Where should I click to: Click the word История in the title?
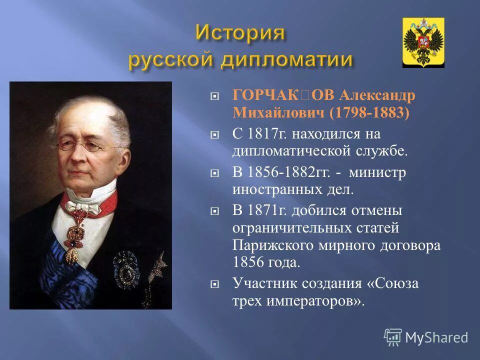pos(240,33)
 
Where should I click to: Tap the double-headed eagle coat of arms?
pos(423,42)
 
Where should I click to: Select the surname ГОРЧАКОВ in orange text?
pos(284,95)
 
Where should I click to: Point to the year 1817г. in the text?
pos(265,134)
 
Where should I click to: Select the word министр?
pos(377,172)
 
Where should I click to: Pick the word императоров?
pos(312,301)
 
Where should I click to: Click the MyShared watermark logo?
pos(426,337)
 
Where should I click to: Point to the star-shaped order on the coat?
pos(125,268)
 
